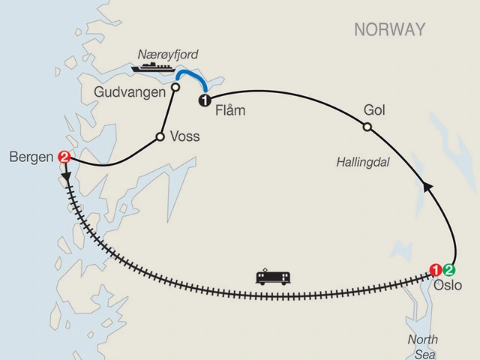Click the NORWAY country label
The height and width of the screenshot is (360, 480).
[x=389, y=30]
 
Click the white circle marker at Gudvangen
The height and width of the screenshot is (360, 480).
[x=175, y=87]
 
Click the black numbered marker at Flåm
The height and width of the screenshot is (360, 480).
[x=202, y=98]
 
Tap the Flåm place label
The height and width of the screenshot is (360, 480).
[x=230, y=111]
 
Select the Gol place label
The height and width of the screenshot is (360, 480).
[x=373, y=109]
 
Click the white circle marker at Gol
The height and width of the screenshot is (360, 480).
[x=367, y=127]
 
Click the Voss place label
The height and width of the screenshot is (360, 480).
[x=184, y=137]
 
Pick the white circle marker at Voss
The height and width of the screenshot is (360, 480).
[x=159, y=136]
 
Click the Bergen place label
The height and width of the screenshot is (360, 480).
[x=31, y=157]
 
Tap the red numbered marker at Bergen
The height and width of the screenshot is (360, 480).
[x=64, y=157]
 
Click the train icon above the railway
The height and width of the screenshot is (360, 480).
[x=271, y=277]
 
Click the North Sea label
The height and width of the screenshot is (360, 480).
[x=423, y=346]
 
